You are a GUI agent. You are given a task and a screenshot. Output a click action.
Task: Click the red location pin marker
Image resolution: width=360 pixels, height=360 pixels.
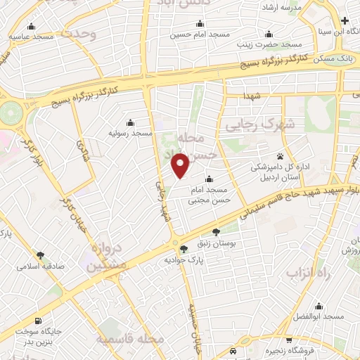(x=181, y=165)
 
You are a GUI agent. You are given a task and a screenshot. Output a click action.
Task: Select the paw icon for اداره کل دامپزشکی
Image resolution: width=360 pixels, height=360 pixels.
(x=280, y=156)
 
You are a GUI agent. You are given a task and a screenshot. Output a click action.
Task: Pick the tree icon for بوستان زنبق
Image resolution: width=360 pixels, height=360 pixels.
(x=216, y=231)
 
